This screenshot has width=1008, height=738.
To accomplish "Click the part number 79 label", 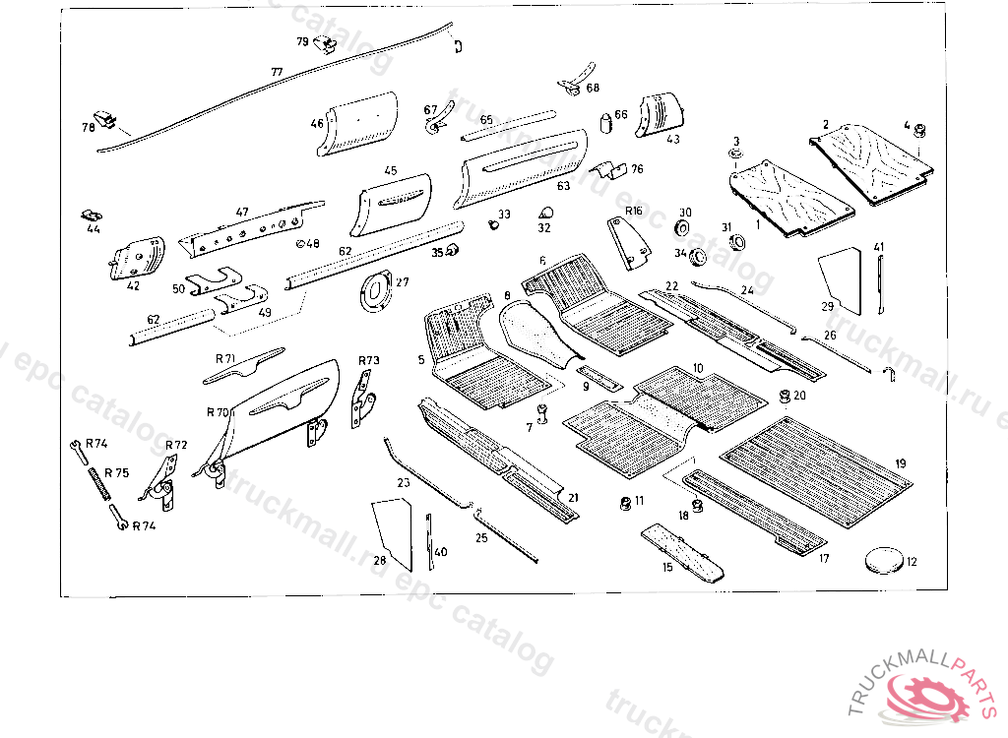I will point(302,41).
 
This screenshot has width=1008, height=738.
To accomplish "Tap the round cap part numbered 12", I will point(883,560).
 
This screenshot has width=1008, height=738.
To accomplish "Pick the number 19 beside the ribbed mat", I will point(901,463).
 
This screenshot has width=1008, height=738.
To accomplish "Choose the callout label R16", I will point(633,212).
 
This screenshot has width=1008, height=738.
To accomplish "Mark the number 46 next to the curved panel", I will point(317,123).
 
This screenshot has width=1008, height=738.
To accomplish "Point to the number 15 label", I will point(666,568).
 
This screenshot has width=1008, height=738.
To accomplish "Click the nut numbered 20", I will point(785,397).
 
